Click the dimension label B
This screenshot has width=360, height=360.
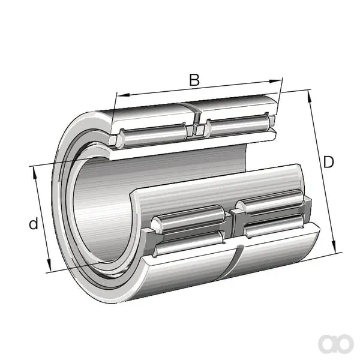click(x=194, y=80)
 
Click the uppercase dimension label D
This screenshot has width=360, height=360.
click(x=328, y=162)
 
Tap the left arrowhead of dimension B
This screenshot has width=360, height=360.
click(x=124, y=95)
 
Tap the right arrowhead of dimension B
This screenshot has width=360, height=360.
click(x=275, y=81)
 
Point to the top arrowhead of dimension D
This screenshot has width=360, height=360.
click(x=309, y=97)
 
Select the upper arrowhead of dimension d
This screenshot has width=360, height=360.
click(x=35, y=173)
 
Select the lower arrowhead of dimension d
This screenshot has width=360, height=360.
click(x=49, y=265)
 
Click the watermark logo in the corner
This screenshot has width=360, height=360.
click(x=336, y=343)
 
